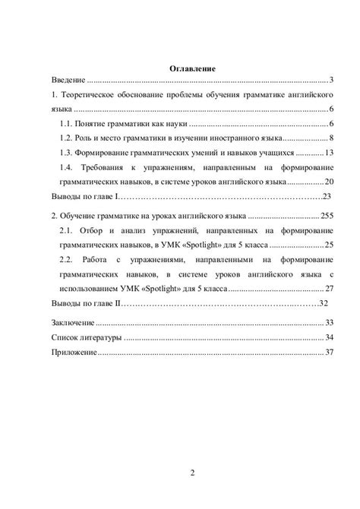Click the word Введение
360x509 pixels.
click(x=67, y=81)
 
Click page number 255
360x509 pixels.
click(x=327, y=215)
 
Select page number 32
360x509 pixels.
click(x=323, y=303)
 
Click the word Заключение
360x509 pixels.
click(x=72, y=323)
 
